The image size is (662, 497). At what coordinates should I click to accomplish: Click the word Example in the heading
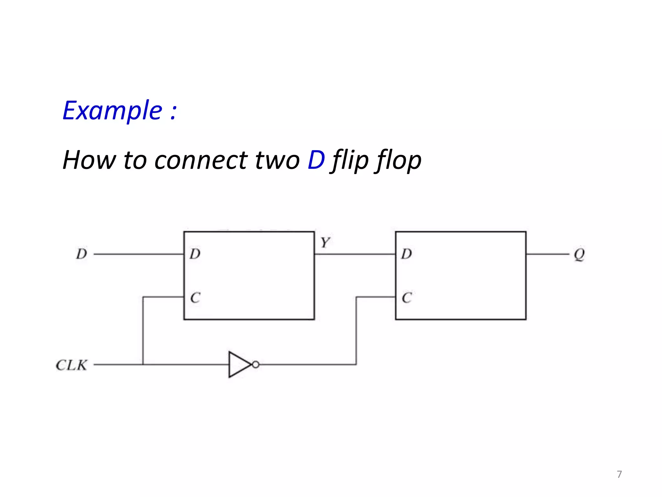(112, 111)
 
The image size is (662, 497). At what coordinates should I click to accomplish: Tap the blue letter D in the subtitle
(316, 160)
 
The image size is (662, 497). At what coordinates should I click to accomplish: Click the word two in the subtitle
(277, 160)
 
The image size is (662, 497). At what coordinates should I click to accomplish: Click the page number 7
(619, 474)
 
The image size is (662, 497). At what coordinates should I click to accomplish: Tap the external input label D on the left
(81, 254)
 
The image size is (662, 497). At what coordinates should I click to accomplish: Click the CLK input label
(71, 365)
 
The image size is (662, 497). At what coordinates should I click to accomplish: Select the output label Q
(579, 254)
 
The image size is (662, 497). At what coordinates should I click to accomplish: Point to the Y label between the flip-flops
(325, 242)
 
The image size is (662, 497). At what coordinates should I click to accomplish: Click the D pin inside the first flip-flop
(195, 254)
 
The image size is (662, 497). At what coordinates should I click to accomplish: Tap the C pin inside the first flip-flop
(195, 298)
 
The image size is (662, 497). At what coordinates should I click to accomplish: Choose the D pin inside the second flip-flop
(406, 254)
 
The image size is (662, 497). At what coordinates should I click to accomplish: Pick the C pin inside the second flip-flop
(406, 298)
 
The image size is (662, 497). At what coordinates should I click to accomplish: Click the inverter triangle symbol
(239, 365)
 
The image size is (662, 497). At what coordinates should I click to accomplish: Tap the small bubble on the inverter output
(256, 365)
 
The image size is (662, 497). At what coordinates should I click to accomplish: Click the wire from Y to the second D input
(355, 254)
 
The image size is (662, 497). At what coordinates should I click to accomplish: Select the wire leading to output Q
(547, 254)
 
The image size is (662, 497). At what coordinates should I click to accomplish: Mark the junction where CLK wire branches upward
(143, 365)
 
